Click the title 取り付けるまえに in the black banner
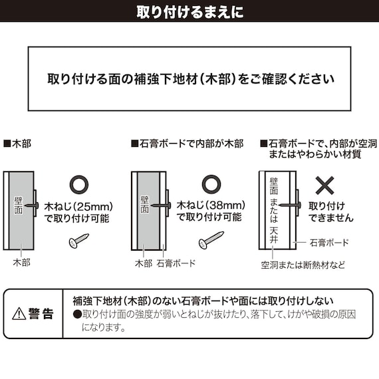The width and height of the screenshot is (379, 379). click(189, 11)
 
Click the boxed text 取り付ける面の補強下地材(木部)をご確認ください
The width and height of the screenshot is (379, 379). click(190, 78)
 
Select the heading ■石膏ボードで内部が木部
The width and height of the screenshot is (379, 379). click(188, 143)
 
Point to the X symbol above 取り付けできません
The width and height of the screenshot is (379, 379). click(324, 184)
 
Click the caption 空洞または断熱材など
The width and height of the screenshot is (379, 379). click(303, 264)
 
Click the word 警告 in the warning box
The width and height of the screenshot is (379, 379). click(41, 315)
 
